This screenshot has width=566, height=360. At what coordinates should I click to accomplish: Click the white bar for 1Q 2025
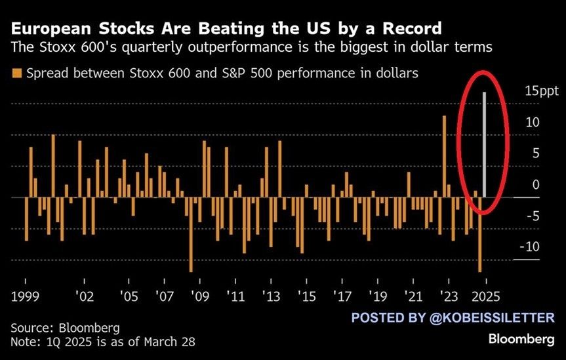(485, 144)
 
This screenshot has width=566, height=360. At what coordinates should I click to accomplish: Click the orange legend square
(16, 73)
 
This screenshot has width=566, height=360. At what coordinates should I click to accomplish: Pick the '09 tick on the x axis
(199, 296)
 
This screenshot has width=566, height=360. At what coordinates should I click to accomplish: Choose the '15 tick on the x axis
(305, 296)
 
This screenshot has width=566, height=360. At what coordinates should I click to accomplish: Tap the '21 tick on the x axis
(413, 296)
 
